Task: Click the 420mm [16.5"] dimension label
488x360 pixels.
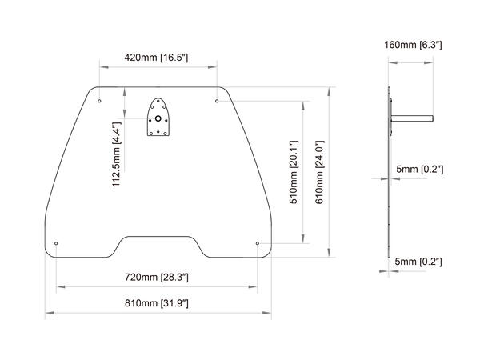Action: click(x=157, y=58)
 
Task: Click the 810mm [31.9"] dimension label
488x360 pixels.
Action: click(x=156, y=304)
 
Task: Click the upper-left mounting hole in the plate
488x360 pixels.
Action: click(x=98, y=101)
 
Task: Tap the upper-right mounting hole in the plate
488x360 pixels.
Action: click(x=218, y=101)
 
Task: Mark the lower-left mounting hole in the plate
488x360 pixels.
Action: click(x=56, y=243)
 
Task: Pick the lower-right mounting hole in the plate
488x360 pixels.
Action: click(x=257, y=243)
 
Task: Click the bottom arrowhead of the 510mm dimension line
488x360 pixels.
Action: click(x=302, y=240)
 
